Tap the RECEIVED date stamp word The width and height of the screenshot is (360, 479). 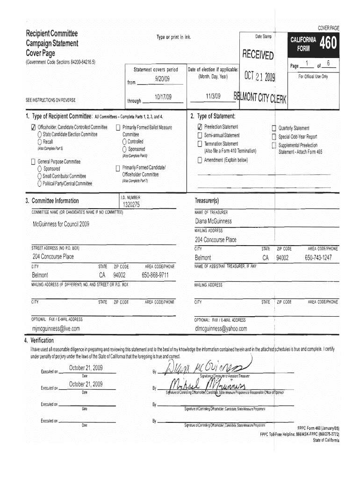(257, 56)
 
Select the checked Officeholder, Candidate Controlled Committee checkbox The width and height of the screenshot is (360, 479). (33, 127)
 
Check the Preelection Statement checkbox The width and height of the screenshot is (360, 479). (200, 127)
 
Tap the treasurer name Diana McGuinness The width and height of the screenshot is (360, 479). (213, 221)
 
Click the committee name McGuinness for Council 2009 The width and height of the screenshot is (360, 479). (61, 224)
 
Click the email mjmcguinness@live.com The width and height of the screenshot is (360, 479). (56, 328)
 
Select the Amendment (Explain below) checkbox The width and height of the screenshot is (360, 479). (200, 160)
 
